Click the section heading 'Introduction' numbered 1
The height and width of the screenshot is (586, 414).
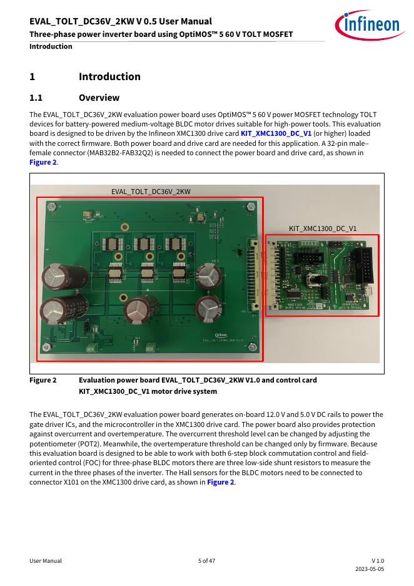(109, 77)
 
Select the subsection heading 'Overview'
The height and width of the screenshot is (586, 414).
(99, 98)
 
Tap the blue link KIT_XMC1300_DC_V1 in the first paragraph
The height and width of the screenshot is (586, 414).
(276, 133)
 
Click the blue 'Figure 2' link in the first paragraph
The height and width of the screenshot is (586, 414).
(43, 162)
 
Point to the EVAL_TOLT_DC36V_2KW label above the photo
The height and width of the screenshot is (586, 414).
(151, 191)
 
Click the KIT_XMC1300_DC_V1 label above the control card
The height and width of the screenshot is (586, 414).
(323, 229)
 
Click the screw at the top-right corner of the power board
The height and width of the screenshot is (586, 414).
(251, 206)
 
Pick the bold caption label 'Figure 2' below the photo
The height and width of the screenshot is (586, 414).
(43, 380)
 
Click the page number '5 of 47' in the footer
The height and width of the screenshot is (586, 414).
(206, 561)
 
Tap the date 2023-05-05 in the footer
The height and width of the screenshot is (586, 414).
(370, 569)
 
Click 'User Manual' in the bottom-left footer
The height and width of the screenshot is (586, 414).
(46, 561)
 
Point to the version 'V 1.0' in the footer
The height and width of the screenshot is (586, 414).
(378, 561)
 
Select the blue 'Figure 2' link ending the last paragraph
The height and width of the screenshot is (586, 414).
(221, 482)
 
